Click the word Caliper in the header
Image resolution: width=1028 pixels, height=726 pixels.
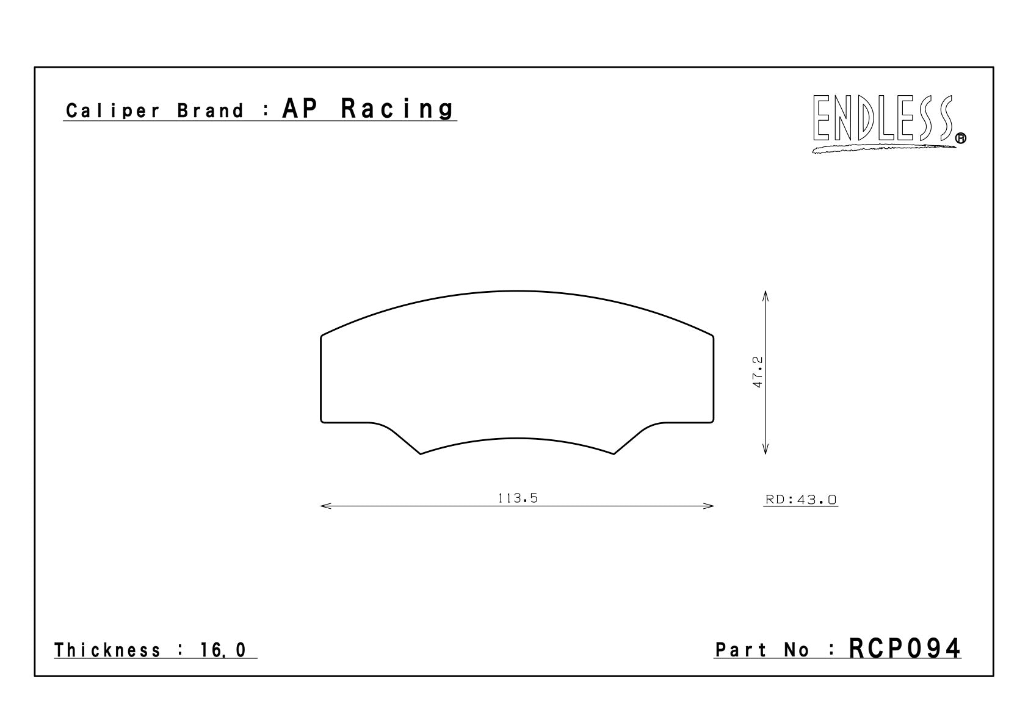pyautogui.click(x=113, y=111)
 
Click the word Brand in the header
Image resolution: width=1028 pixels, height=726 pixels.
pyautogui.click(x=211, y=110)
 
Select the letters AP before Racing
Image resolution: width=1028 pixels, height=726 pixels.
pyautogui.click(x=300, y=108)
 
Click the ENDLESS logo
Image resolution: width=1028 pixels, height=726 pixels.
pyautogui.click(x=888, y=123)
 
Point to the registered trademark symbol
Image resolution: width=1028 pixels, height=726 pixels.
pyautogui.click(x=960, y=138)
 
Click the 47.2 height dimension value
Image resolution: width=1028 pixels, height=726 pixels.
pyautogui.click(x=758, y=372)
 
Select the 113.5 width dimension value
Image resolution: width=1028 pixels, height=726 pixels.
pyautogui.click(x=518, y=498)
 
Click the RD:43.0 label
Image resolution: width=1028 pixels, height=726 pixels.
pyautogui.click(x=801, y=500)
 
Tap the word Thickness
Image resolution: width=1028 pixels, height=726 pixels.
pyautogui.click(x=107, y=650)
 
